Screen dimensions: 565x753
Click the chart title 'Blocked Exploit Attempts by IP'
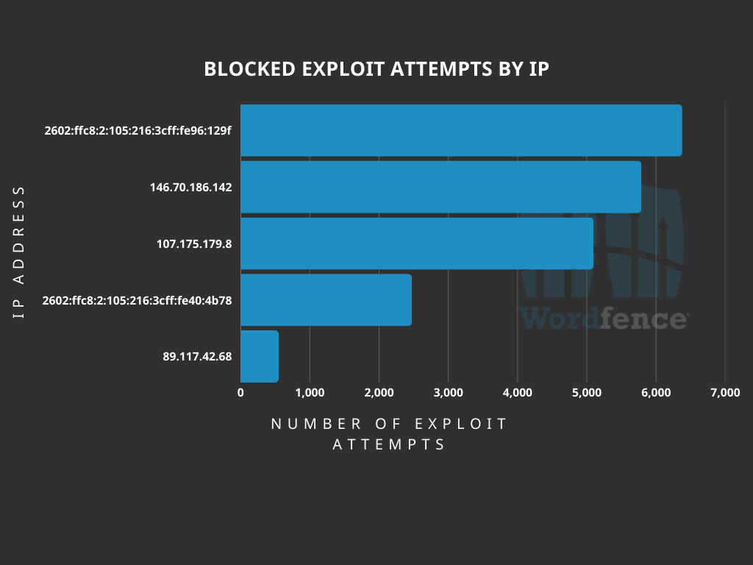point(376,69)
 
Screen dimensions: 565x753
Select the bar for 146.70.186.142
point(440,187)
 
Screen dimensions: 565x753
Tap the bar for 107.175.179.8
point(417,244)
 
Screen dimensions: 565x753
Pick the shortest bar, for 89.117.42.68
point(260,356)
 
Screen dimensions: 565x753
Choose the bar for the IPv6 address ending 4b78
point(326,299)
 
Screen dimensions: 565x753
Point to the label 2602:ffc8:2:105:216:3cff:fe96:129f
point(138,131)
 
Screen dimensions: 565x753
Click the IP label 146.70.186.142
point(190,188)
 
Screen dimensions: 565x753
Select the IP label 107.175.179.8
point(194,244)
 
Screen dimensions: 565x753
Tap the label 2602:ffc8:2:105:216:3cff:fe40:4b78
point(138,300)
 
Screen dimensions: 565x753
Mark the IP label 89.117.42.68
point(197,357)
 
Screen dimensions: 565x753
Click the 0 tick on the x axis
point(240,393)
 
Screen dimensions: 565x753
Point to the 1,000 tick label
point(310,393)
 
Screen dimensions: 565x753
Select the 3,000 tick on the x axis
point(448,393)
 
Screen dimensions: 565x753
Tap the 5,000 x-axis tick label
point(587,393)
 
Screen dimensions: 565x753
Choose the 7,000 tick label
point(725,393)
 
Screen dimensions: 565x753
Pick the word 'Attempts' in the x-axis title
point(389,445)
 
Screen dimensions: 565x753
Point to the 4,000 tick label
point(518,393)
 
